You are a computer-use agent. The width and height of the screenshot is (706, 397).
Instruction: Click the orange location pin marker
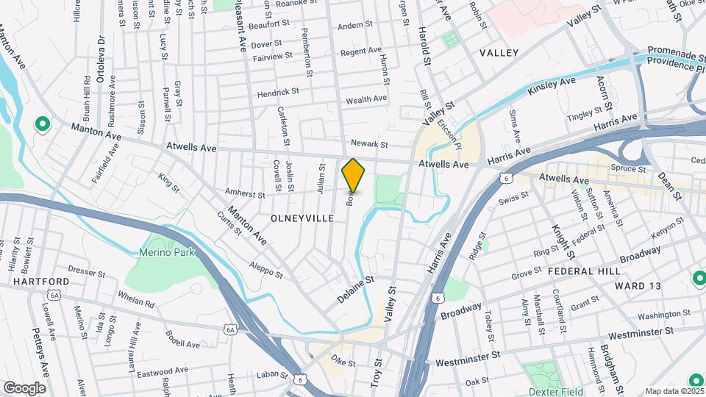point(354,176)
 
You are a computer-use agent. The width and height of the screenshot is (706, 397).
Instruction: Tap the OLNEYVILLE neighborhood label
point(303,218)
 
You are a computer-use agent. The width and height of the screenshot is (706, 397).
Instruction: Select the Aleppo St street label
point(265,269)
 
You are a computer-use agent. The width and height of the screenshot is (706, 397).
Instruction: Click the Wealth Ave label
point(366,99)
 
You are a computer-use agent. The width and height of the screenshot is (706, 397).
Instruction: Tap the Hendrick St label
point(277,93)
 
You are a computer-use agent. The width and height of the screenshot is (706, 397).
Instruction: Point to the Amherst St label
point(245,195)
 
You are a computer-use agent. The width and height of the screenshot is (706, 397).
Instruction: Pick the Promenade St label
point(676,54)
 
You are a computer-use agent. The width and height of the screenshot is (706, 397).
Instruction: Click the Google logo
point(24,387)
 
